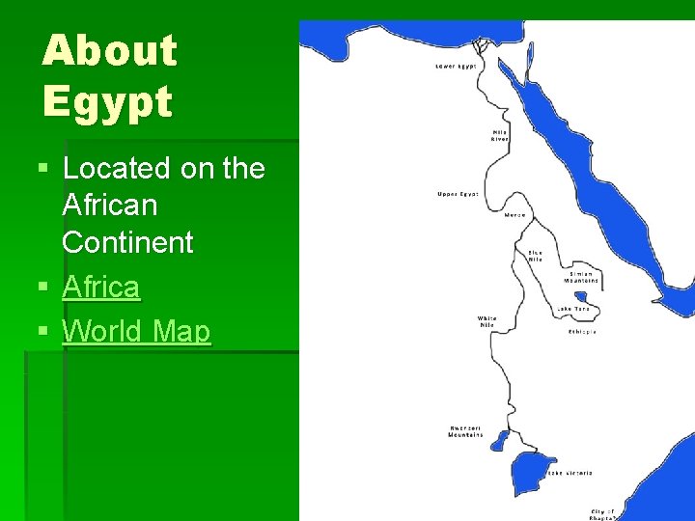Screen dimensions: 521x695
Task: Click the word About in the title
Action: coord(110,51)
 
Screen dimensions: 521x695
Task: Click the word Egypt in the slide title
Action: coord(107,101)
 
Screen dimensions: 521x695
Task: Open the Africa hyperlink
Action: coord(100,287)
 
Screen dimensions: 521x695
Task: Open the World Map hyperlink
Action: coord(136,331)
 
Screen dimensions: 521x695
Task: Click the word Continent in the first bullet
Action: coord(127,242)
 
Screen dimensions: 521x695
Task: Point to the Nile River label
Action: coord(500,135)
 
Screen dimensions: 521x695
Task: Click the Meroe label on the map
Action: coord(515,215)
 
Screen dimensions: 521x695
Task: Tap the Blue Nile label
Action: coord(535,257)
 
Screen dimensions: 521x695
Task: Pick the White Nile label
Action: coord(487,321)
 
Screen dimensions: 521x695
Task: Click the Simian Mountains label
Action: coord(583,277)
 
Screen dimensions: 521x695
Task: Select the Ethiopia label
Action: coord(582,331)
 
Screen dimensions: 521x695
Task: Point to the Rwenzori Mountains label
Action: coord(466,431)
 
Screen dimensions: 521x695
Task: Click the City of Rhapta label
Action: coord(604,513)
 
